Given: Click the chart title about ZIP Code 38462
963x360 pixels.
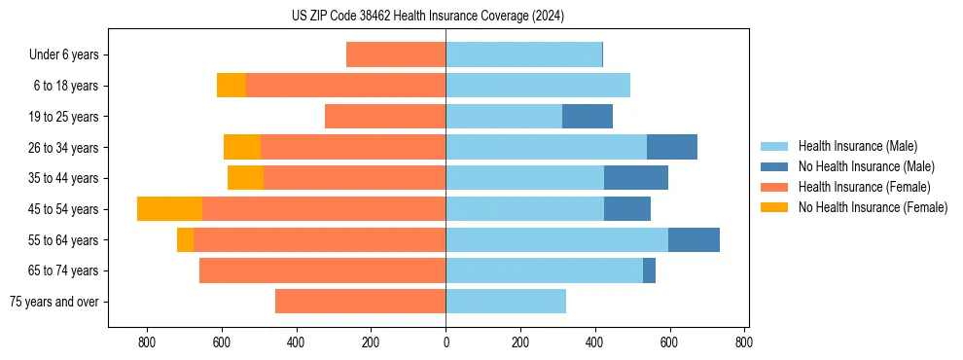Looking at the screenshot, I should (x=427, y=17).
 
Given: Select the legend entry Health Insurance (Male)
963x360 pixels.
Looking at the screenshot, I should (x=857, y=146).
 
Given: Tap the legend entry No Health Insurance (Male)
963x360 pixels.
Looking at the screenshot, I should (x=866, y=166).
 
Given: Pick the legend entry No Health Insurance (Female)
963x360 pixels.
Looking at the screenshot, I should (x=873, y=207).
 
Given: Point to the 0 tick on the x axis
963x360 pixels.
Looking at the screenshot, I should (x=446, y=342).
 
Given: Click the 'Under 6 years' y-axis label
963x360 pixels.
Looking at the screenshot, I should (x=63, y=55).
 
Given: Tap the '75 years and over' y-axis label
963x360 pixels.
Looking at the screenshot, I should (x=53, y=302).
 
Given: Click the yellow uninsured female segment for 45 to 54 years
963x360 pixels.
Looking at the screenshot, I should (x=169, y=209).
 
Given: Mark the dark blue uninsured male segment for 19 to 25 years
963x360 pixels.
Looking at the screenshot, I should (x=588, y=117).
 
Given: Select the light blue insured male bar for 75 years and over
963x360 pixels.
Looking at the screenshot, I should (x=506, y=302).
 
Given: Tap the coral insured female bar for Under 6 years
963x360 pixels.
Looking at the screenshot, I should (x=396, y=55).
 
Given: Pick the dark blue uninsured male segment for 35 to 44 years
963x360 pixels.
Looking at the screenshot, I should (x=636, y=178).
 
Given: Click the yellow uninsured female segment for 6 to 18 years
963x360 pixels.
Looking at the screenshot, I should (x=232, y=86).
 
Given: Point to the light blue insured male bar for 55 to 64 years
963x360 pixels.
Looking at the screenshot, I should (x=556, y=240).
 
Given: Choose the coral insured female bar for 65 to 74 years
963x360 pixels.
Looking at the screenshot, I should (x=322, y=270).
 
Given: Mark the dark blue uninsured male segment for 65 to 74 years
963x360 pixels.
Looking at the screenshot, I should (x=649, y=270).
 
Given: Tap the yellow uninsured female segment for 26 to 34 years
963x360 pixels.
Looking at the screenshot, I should (x=242, y=148).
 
